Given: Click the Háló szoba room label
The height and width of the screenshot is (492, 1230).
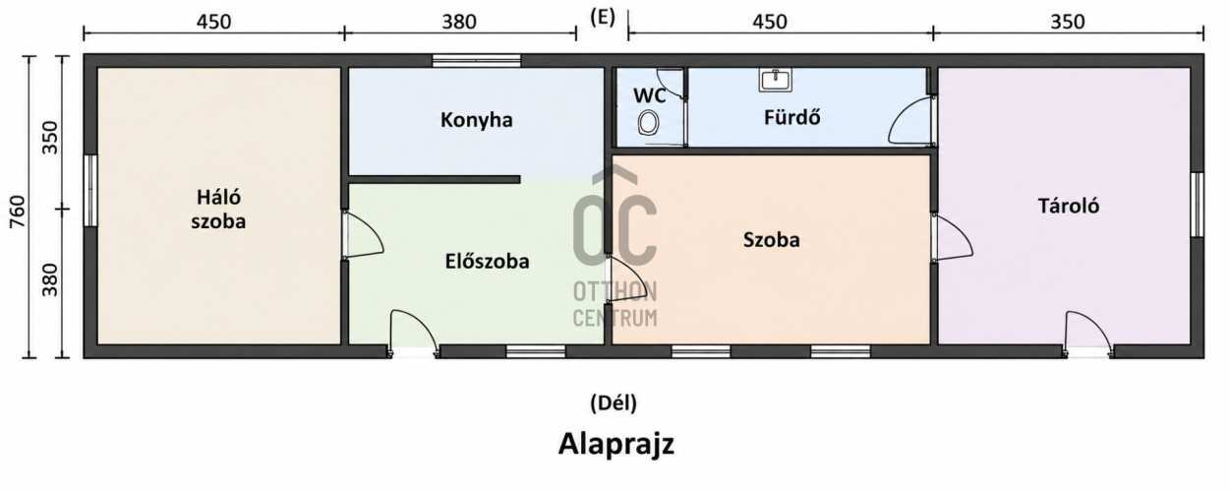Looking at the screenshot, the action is click(218, 210).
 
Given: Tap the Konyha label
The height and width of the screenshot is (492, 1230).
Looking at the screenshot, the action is click(476, 120).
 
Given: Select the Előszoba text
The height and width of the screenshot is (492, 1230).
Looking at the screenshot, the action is click(487, 261).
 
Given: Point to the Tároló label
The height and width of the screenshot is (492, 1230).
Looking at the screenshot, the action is click(1068, 206).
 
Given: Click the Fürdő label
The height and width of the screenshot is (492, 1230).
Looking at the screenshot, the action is click(791, 117).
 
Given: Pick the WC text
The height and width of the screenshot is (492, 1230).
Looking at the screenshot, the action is click(650, 95).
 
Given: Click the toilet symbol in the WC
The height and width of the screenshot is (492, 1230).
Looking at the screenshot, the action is click(649, 123).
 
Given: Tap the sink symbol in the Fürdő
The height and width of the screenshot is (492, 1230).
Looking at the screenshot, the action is click(776, 80).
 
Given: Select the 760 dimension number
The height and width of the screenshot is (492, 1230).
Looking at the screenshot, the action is click(17, 213).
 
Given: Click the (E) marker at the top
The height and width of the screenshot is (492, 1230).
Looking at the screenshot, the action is click(603, 18).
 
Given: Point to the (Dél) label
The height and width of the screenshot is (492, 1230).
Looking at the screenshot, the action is click(614, 402).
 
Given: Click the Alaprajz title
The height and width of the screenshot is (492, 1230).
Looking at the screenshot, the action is click(616, 444).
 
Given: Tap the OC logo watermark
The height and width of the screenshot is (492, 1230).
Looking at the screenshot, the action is click(615, 218).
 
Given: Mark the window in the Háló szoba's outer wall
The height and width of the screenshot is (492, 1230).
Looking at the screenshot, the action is click(90, 190).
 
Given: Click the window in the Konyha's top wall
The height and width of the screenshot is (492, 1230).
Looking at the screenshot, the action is click(476, 60).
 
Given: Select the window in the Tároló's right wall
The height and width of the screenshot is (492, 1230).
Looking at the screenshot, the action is click(1197, 205).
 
